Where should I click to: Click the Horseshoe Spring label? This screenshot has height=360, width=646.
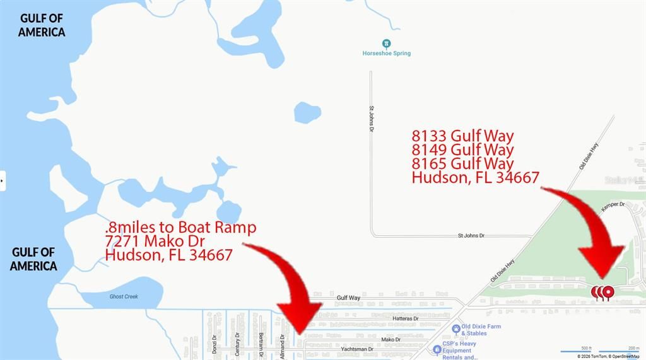click(386, 54)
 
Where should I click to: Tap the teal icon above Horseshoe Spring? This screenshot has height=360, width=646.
click(387, 44)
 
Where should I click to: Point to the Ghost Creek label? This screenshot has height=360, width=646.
click(124, 296)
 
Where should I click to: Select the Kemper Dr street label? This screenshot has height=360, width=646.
click(613, 205)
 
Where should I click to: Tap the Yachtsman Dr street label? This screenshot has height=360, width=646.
click(357, 349)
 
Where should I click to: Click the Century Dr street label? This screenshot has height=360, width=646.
click(238, 344)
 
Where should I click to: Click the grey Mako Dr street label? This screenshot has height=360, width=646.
click(390, 340)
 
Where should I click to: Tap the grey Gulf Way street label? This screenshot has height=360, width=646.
click(348, 298)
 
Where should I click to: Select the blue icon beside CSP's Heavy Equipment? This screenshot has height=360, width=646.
click(437, 349)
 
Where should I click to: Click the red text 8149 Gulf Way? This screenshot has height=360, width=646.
click(462, 150)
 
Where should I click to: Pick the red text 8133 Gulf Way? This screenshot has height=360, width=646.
click(462, 136)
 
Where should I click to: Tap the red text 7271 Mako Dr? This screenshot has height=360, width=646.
click(155, 241)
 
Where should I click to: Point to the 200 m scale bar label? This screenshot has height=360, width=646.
click(633, 347)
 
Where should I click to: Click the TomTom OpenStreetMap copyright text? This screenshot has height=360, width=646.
click(608, 356)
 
